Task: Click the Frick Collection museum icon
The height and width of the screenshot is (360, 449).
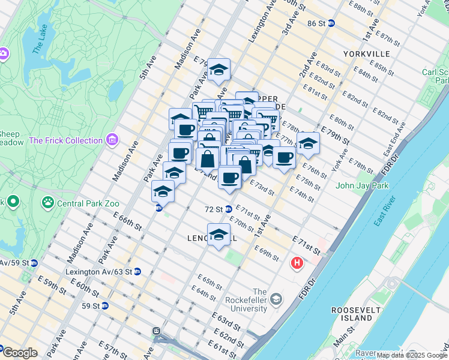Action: point(112,140)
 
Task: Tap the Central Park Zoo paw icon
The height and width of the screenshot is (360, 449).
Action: point(48,203)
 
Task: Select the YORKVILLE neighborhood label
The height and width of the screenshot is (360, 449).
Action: point(366,54)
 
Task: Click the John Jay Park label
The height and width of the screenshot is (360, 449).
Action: point(363,185)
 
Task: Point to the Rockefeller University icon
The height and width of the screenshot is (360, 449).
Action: point(276,298)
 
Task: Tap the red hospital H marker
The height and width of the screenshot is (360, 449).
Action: point(297,263)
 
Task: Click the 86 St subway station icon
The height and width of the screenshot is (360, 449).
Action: point(331,23)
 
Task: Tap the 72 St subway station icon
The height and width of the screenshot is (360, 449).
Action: point(228,209)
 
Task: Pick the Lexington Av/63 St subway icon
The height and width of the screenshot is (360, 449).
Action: point(137,271)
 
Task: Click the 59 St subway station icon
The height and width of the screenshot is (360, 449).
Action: point(105,305)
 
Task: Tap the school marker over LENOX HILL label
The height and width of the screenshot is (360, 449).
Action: point(218,234)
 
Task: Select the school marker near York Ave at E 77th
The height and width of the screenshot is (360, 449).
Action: point(308,143)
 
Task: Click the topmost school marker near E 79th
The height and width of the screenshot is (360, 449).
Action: point(218,70)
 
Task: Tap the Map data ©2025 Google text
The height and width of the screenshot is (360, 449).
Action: point(412,355)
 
